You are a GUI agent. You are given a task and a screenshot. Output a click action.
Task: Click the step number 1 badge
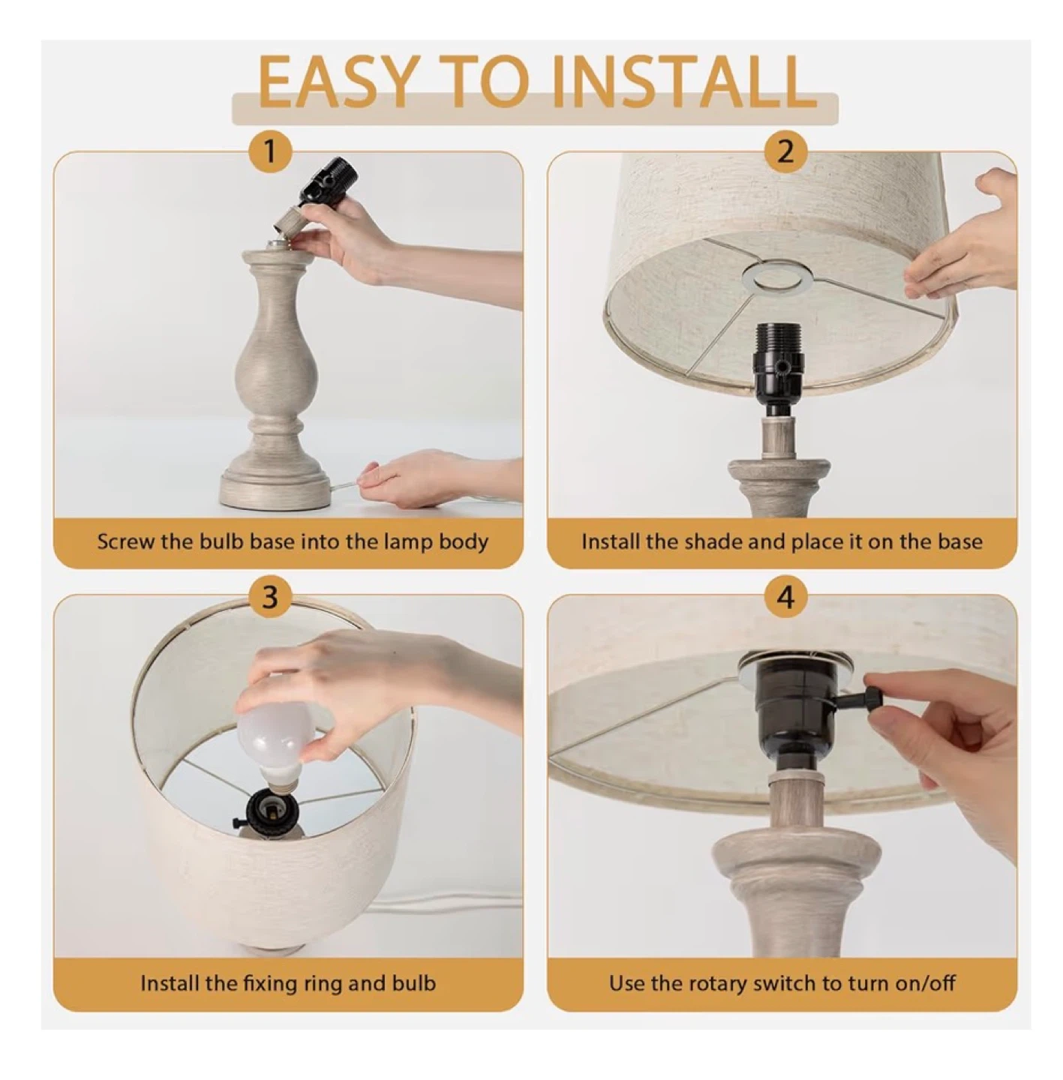tap(269, 151)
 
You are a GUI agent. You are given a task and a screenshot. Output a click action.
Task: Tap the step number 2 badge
tap(785, 151)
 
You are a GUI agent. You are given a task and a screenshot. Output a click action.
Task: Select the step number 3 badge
tap(269, 596)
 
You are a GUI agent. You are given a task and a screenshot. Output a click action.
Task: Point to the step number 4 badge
tap(785, 596)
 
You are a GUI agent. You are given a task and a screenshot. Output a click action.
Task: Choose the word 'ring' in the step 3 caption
tap(323, 984)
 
